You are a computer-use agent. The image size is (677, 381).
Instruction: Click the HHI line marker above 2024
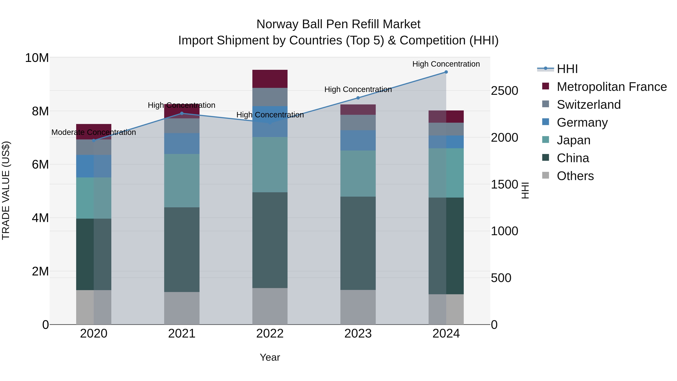[x=446, y=72]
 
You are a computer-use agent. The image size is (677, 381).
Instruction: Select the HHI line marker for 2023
[x=358, y=98]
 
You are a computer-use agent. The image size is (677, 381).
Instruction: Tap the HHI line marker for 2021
[x=182, y=113]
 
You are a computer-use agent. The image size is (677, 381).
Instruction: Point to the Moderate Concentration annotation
[x=94, y=132]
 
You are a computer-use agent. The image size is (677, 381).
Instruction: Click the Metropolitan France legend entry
[x=612, y=87]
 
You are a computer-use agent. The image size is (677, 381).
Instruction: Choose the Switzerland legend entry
[x=588, y=105]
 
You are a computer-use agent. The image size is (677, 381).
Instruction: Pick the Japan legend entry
[x=573, y=140]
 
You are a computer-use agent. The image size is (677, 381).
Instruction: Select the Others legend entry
[x=575, y=176]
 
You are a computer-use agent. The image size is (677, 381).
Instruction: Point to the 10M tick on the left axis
[x=37, y=58]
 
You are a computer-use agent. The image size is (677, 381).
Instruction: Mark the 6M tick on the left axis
[x=40, y=165]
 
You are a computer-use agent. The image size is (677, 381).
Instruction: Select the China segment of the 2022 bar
[x=270, y=240]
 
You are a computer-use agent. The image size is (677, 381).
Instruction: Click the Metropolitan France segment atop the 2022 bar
[x=270, y=79]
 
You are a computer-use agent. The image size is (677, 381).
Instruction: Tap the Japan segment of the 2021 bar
[x=182, y=181]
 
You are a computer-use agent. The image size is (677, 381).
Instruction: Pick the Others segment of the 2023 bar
[x=358, y=307]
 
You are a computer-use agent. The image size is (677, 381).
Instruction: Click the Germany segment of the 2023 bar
[x=358, y=140]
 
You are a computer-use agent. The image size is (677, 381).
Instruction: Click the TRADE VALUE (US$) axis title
[x=6, y=190]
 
